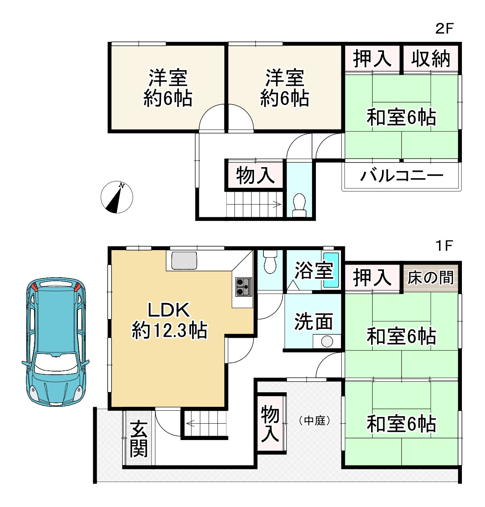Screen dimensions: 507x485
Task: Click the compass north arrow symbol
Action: (117, 197)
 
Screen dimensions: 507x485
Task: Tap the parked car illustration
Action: (56, 341)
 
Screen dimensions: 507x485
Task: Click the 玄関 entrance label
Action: (139, 439)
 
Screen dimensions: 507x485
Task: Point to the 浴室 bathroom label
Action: (313, 270)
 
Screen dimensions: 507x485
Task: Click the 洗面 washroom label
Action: (313, 321)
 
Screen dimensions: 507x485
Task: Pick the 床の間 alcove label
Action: (430, 278)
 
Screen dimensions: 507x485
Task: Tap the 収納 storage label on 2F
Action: (430, 59)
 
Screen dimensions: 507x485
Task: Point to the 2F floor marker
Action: (444, 28)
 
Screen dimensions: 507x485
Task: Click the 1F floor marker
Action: (444, 246)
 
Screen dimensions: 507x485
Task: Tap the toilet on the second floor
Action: (299, 205)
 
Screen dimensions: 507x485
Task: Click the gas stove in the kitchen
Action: (243, 287)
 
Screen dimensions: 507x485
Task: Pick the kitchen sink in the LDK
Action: (184, 261)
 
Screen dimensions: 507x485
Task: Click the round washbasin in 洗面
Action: (327, 341)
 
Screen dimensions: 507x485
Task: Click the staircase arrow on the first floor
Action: (191, 423)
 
